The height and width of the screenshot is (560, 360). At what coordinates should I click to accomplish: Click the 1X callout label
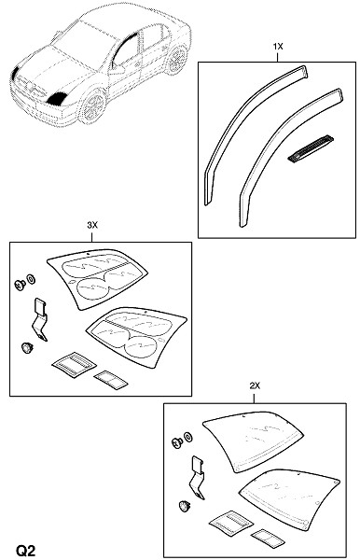click(278, 47)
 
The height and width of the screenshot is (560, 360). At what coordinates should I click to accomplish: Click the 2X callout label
click(255, 385)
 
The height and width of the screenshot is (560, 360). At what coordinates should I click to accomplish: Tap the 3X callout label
click(92, 225)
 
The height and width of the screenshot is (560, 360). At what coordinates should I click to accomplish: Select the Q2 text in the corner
click(26, 551)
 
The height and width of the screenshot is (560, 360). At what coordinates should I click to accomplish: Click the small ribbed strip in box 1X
click(311, 148)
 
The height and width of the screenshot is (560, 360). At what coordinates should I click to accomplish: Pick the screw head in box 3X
click(20, 285)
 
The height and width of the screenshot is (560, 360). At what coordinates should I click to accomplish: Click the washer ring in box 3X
click(31, 278)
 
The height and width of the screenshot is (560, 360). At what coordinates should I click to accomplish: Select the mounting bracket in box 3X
click(40, 320)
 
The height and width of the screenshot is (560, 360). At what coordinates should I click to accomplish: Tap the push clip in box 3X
click(27, 347)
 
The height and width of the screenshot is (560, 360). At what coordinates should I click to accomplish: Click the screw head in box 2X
click(177, 442)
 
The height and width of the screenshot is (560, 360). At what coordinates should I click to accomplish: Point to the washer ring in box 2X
click(187, 437)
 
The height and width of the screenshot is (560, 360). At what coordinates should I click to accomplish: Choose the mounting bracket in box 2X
click(198, 478)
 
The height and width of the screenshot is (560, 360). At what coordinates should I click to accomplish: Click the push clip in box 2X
click(184, 505)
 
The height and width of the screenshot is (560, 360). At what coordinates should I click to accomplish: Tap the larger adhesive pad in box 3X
click(75, 365)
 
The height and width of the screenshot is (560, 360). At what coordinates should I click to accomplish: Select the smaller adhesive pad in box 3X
click(111, 379)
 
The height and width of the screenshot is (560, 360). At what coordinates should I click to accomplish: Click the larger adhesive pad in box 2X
click(231, 523)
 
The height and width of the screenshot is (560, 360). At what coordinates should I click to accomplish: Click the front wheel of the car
click(93, 106)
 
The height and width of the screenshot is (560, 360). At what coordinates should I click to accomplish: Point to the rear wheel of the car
click(176, 60)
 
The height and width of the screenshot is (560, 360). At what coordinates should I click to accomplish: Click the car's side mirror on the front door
click(117, 69)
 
